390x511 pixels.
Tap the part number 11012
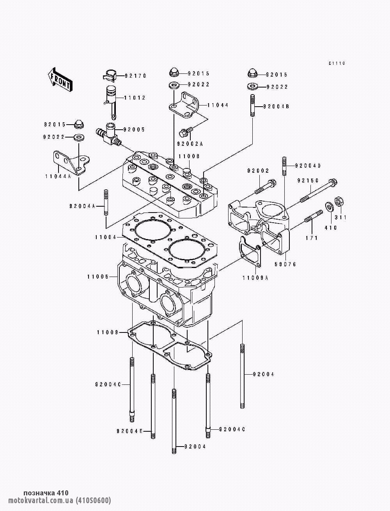[x=135, y=98]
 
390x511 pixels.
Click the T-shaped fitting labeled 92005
[x=108, y=134]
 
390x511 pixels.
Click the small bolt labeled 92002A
[x=186, y=132]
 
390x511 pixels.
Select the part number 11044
[x=218, y=105]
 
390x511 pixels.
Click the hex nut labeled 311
[x=339, y=201]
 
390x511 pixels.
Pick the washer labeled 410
[x=329, y=206]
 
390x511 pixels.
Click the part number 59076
[x=285, y=264]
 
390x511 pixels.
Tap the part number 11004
[x=106, y=237]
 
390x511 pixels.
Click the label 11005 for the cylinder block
[x=98, y=277]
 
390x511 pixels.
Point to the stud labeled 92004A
[x=106, y=202]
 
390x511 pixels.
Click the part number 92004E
[x=129, y=431]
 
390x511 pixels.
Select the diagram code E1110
[x=337, y=63]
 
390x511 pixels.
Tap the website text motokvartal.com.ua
[x=41, y=500]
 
